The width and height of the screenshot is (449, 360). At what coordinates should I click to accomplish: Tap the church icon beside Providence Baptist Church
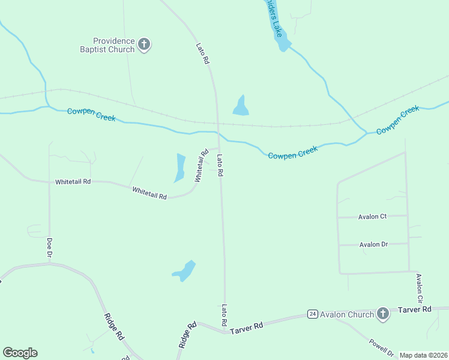(144, 44)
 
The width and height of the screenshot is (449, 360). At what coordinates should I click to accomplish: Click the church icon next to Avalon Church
(383, 314)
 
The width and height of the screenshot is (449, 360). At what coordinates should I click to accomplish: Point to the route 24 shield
(312, 314)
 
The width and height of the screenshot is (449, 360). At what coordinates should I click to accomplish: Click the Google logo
(20, 353)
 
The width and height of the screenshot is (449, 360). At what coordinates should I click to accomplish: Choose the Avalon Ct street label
(372, 217)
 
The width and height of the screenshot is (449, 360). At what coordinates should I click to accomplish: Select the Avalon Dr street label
(373, 244)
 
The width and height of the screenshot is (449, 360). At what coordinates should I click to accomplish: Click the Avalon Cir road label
(420, 288)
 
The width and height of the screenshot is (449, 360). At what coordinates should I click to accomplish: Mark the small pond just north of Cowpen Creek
(241, 106)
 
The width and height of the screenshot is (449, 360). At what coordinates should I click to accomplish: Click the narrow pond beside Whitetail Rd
(180, 167)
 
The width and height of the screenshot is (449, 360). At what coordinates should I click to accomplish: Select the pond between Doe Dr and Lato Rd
(185, 271)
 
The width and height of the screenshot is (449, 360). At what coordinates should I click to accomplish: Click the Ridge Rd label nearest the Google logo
(113, 327)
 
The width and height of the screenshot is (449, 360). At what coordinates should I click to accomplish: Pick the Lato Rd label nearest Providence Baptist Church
(202, 53)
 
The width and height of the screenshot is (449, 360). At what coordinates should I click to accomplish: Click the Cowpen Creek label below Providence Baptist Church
(91, 114)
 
